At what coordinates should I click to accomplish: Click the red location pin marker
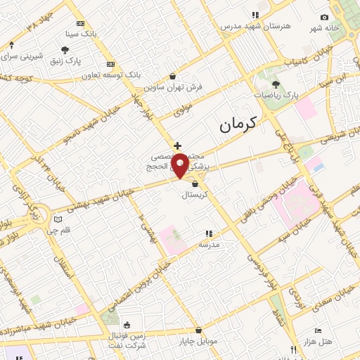click(x=180, y=165)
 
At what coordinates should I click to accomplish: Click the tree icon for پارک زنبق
click(x=65, y=49)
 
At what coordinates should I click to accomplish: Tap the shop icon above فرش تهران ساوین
click(x=173, y=76)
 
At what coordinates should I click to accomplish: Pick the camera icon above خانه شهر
click(x=324, y=18)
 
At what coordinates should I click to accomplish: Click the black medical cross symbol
click(x=177, y=146)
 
